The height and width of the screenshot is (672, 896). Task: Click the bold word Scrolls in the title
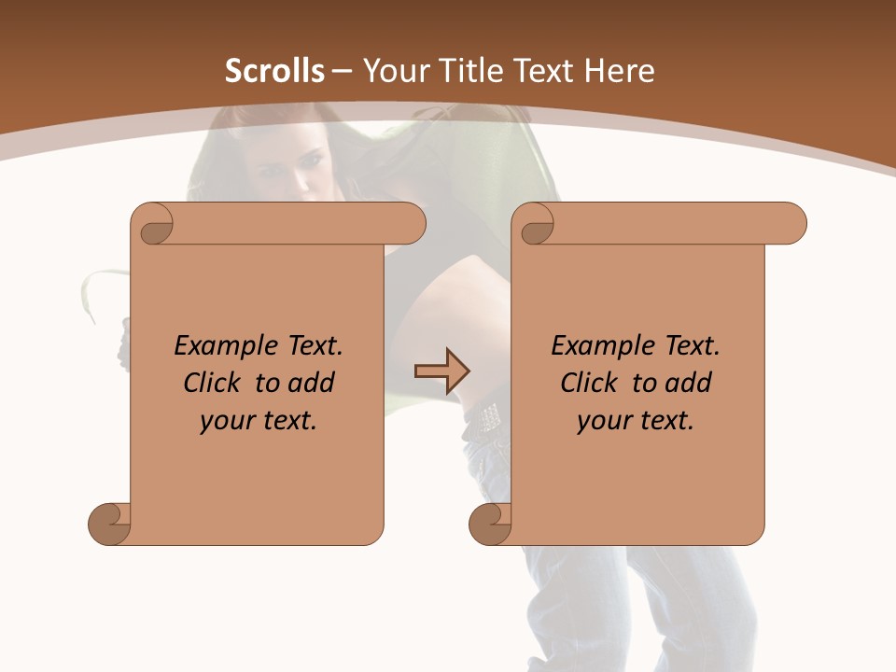coord(274,71)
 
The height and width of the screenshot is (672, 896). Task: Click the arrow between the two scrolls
coord(441,371)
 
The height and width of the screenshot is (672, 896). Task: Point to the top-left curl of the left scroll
coord(154,225)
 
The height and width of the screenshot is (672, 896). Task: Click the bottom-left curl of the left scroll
coord(109,524)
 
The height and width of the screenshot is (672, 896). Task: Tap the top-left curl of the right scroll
coord(536,225)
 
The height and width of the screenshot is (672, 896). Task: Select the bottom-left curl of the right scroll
coord(490,524)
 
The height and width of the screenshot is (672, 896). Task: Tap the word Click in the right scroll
coord(591,383)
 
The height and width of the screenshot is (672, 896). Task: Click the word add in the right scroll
coord(689,383)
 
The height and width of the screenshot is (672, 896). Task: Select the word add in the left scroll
coord(312,383)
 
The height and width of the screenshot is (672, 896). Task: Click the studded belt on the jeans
coord(488,417)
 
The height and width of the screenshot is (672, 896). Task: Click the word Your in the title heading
coord(396,71)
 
